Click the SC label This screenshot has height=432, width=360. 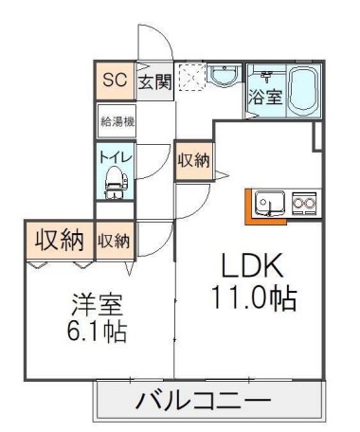[114, 80]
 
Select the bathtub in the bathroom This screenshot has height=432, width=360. [303, 91]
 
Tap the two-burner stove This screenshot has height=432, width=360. [305, 202]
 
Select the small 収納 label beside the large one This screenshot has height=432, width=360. [116, 241]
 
